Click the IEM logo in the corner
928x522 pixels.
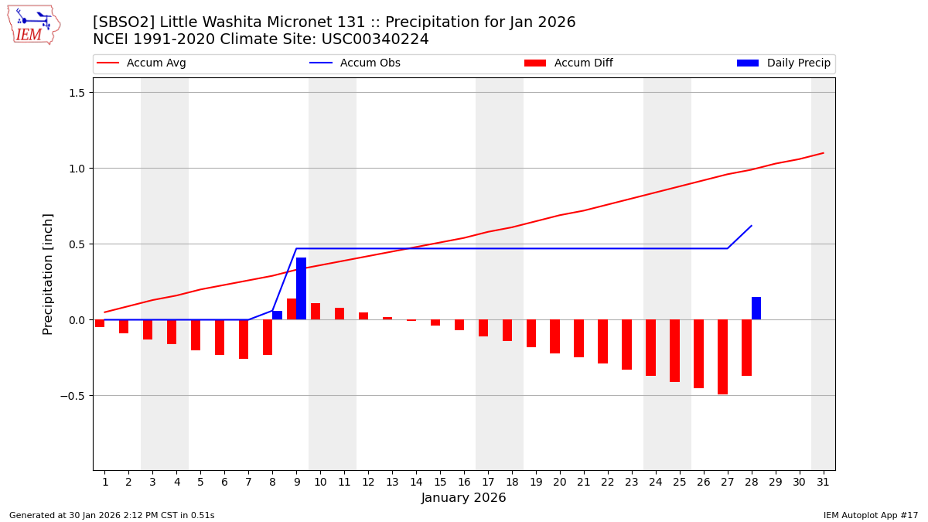pos(33,25)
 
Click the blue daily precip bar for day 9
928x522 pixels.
pos(301,288)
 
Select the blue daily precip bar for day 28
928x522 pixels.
pos(756,308)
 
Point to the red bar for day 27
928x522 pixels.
pos(722,357)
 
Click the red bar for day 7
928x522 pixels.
pos(244,339)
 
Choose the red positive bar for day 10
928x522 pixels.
pos(316,311)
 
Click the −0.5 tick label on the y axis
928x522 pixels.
pos(73,396)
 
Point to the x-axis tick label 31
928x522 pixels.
pos(822,482)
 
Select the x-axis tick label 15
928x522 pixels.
pos(439,482)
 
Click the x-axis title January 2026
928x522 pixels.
pos(463,499)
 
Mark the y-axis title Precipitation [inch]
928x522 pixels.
pos(48,274)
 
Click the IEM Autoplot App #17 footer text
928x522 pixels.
pos(871,515)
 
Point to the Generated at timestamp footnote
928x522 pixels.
pos(112,515)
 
